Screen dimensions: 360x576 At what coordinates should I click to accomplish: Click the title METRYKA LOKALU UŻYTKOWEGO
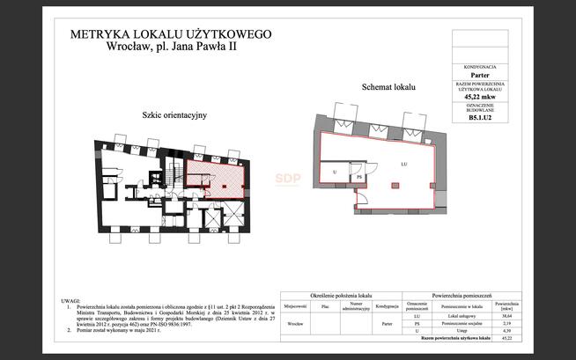170,34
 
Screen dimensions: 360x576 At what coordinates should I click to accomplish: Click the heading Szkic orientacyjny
174,115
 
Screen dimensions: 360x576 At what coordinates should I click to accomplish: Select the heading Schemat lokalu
388,88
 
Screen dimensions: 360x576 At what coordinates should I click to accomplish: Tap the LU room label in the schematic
402,165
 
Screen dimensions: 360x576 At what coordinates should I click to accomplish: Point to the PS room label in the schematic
359,177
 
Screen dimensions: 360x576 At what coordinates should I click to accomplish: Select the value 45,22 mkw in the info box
480,98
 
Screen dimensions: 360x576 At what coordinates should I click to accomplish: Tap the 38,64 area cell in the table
506,315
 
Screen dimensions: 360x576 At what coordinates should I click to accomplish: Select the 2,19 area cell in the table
506,323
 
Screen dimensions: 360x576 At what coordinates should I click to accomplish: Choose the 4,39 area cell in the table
506,331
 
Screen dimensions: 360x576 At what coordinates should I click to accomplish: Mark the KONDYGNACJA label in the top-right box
480,67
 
